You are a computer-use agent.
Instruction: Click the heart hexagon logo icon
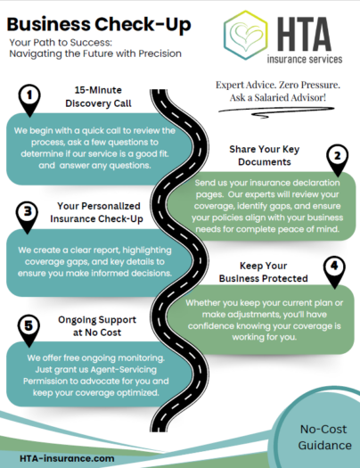pyautogui.click(x=245, y=36)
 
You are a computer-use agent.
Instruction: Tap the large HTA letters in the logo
pyautogui.click(x=305, y=34)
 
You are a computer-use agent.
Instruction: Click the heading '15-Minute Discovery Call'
pyautogui.click(x=98, y=96)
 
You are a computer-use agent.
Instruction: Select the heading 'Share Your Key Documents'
pyautogui.click(x=265, y=155)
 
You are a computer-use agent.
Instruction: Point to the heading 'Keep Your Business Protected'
pyautogui.click(x=264, y=272)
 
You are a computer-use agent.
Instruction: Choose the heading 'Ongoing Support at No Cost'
pyautogui.click(x=97, y=326)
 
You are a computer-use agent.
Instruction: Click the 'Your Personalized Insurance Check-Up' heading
pyautogui.click(x=96, y=212)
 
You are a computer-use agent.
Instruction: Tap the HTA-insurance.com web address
pyautogui.click(x=67, y=458)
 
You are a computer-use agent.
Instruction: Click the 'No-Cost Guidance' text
pyautogui.click(x=324, y=437)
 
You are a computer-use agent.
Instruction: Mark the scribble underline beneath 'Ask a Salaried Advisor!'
pyautogui.click(x=276, y=112)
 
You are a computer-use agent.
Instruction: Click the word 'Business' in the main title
pyautogui.click(x=48, y=24)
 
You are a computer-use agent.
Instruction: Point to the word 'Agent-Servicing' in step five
pyautogui.click(x=124, y=370)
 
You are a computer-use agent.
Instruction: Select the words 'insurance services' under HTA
pyautogui.click(x=305, y=59)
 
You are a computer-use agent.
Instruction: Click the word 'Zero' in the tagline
pyautogui.click(x=288, y=85)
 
